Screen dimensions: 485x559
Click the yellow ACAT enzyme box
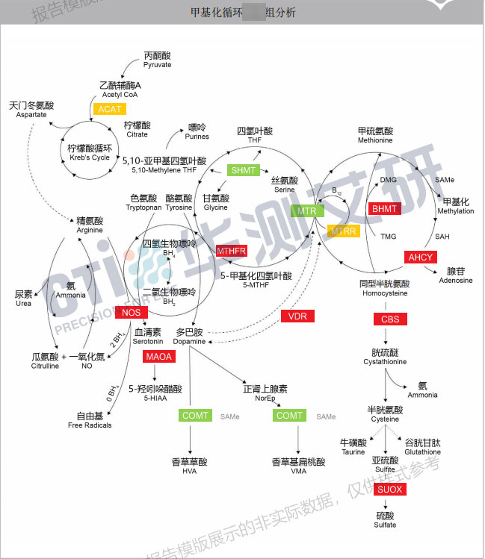tap(111, 109)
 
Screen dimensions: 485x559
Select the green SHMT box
tap(244, 171)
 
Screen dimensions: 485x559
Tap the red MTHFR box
tap(232, 251)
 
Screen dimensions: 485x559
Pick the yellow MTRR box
tap(344, 231)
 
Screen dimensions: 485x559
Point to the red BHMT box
tap(385, 209)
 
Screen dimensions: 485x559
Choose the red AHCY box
tap(420, 257)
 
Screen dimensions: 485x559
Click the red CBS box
tap(390, 319)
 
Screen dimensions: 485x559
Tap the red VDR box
tap(298, 316)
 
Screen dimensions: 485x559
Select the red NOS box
tap(131, 313)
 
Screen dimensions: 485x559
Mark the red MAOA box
tap(158, 357)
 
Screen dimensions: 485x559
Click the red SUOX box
tap(389, 490)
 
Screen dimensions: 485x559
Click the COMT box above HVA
tap(195, 416)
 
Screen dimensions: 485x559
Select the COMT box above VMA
tap(289, 416)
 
